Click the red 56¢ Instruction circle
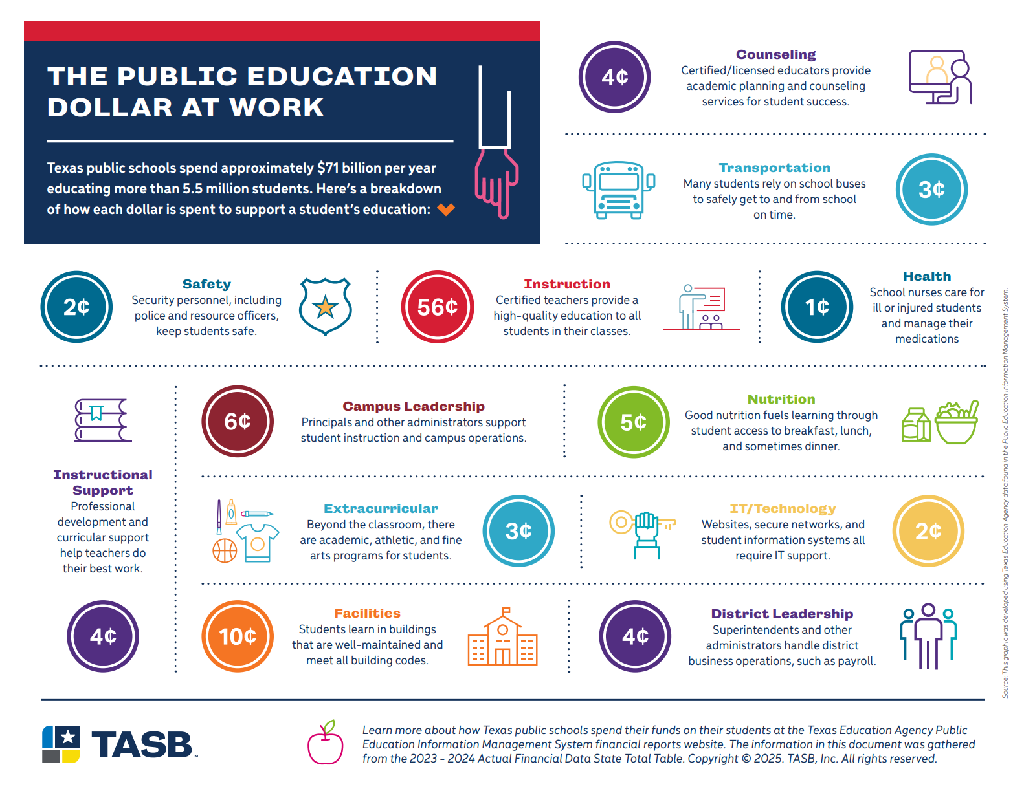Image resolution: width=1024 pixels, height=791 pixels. [x=438, y=307]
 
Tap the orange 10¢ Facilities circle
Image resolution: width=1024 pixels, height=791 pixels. [x=238, y=636]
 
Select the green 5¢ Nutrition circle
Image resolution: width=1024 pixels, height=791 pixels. [x=633, y=422]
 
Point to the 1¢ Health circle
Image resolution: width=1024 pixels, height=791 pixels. [x=817, y=307]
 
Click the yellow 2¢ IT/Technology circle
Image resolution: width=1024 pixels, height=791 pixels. [x=928, y=531]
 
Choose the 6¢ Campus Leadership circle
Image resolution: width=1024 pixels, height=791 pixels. [x=238, y=421]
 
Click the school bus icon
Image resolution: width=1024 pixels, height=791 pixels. [x=619, y=190]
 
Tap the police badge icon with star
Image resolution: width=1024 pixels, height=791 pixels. [x=326, y=307]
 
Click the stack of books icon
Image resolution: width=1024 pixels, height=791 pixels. [x=102, y=420]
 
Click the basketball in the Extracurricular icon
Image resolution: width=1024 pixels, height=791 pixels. [x=225, y=550]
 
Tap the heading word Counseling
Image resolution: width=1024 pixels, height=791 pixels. [x=775, y=55]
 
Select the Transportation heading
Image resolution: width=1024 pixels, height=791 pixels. [x=774, y=168]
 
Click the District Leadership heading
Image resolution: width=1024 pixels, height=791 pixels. [x=782, y=614]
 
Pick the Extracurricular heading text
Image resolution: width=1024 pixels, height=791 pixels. [x=381, y=508]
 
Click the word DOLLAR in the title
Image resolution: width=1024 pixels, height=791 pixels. [x=110, y=107]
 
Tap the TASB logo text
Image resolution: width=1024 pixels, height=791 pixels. [x=142, y=745]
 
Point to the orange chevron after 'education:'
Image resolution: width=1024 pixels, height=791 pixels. [x=446, y=209]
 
